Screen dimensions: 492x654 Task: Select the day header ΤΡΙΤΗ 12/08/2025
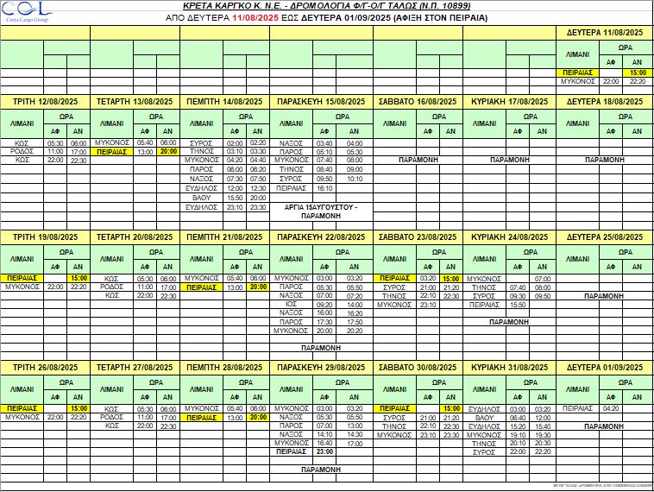[47, 102]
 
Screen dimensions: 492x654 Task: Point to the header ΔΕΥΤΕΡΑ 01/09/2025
[605, 368]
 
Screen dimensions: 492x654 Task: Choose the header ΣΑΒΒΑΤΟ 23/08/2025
[420, 235]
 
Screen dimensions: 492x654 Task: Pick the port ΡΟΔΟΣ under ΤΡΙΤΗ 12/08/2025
[22, 151]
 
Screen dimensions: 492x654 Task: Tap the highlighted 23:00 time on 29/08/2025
[325, 451]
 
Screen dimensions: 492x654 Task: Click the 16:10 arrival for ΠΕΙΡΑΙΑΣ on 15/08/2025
[325, 187]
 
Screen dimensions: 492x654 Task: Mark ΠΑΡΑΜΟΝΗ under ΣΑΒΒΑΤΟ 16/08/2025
[420, 161]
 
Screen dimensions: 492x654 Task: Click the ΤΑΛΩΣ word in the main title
[412, 5]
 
